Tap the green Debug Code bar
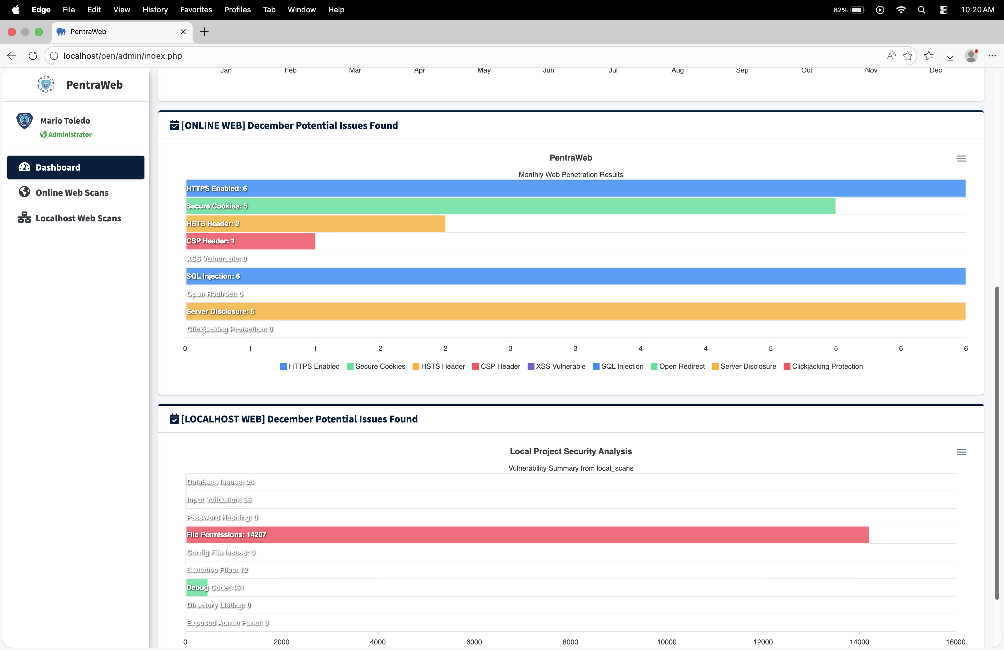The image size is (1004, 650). coord(197,587)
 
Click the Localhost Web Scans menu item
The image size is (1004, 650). coord(78,218)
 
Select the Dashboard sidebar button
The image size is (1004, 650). coord(75,167)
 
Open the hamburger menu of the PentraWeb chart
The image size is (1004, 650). coord(961,159)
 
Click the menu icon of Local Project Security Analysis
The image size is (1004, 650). coord(961,452)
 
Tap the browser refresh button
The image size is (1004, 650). coord(33,56)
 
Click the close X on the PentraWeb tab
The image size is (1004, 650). coord(183,32)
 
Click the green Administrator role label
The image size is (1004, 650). coord(70,134)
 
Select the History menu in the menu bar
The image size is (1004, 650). coord(155,10)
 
